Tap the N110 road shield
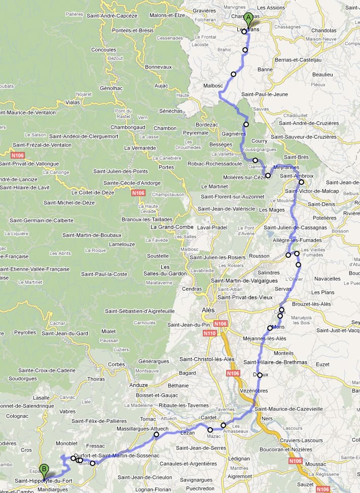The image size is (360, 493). pos(210,333)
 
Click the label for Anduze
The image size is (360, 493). pos(139,385)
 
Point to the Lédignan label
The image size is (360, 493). pos(240,458)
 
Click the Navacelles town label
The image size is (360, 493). pos(327,279)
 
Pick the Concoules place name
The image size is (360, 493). pos(103,50)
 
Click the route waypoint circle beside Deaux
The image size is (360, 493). pos(260,375)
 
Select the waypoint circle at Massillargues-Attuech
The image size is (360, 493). pos(156,434)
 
